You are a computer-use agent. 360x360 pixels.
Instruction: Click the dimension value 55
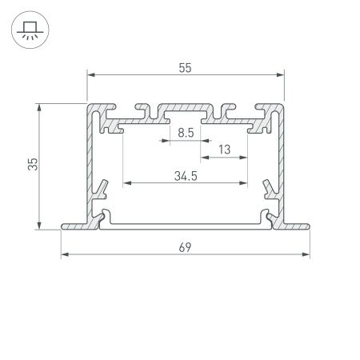click(x=186, y=70)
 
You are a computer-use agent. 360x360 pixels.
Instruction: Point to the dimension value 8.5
click(x=185, y=134)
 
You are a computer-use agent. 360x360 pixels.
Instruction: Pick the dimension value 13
click(x=223, y=150)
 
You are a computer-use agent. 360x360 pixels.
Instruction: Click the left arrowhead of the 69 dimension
click(x=64, y=256)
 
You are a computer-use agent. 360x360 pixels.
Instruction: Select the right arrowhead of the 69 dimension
click(x=307, y=256)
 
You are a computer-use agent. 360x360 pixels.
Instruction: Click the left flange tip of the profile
click(x=62, y=227)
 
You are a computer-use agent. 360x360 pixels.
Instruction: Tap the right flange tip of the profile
click(x=309, y=227)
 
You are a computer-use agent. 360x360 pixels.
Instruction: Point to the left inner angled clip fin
click(x=102, y=189)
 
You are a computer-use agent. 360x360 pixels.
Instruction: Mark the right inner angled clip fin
click(x=268, y=189)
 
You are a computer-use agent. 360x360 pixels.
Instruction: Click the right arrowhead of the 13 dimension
click(x=243, y=158)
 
